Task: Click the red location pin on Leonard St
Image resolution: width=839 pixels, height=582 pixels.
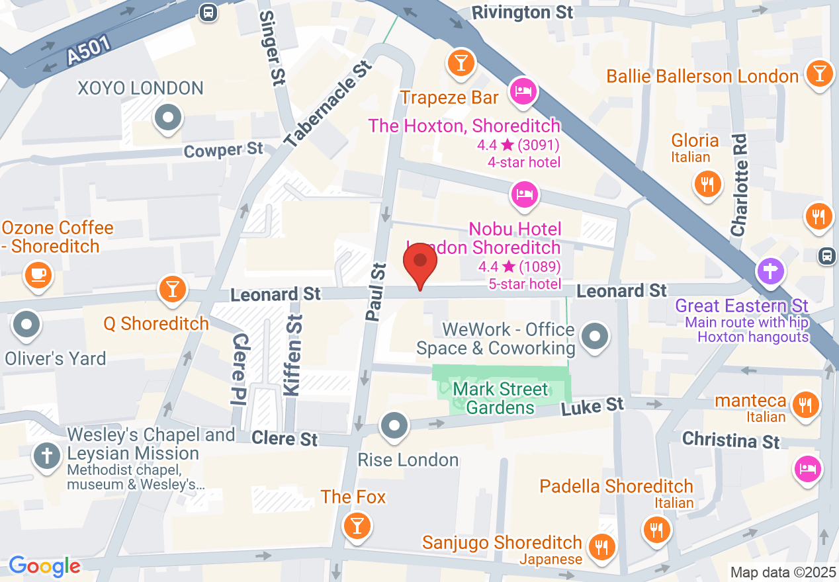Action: pyautogui.click(x=420, y=263)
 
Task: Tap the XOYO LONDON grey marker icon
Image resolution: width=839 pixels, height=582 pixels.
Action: pyautogui.click(x=167, y=119)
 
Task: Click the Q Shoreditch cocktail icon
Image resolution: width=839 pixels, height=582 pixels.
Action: pyautogui.click(x=172, y=289)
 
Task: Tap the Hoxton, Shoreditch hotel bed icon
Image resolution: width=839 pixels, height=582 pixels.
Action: pyautogui.click(x=523, y=91)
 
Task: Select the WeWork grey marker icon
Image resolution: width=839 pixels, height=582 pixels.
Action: pyautogui.click(x=595, y=337)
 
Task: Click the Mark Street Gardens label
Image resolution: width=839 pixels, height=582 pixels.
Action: pyautogui.click(x=500, y=397)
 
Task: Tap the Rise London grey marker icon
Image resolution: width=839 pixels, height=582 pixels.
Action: pyautogui.click(x=395, y=425)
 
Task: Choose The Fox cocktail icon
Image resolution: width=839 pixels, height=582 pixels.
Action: pyautogui.click(x=357, y=526)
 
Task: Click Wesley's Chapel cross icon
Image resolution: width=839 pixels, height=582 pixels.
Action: pyautogui.click(x=47, y=456)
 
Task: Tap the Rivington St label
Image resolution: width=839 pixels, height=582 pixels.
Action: pyautogui.click(x=522, y=13)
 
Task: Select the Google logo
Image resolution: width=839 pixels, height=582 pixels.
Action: pyautogui.click(x=44, y=566)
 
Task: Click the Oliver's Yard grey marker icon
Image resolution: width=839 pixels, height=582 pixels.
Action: pyautogui.click(x=27, y=325)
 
